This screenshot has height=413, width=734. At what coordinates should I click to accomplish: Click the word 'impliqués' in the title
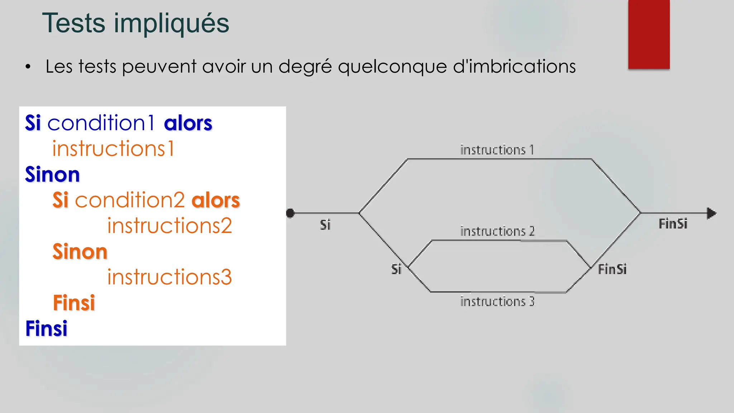[171, 24]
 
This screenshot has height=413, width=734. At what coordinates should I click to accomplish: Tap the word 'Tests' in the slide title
[74, 23]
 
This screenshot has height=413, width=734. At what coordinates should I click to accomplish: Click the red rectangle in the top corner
[649, 34]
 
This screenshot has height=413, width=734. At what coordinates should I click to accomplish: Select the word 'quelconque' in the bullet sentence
[392, 67]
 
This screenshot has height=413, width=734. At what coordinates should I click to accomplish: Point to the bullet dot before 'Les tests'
[28, 67]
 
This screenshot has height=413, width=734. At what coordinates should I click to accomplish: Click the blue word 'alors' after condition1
[188, 123]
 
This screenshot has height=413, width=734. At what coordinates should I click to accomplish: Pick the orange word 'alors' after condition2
[216, 200]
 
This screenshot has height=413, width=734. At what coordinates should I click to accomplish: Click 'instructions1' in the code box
[113, 148]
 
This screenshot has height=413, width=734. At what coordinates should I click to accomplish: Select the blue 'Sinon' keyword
[52, 175]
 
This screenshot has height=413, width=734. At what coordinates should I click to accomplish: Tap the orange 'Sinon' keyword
[80, 251]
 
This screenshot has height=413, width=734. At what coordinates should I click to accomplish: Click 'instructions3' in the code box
[170, 277]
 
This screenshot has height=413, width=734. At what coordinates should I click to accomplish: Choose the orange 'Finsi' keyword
[74, 303]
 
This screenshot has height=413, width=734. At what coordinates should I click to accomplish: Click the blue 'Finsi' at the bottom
[46, 328]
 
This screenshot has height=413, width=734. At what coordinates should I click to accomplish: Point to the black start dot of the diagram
[290, 213]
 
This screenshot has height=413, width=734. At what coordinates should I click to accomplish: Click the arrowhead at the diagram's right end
[711, 213]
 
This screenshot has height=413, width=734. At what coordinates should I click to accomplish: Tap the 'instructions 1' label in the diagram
[497, 150]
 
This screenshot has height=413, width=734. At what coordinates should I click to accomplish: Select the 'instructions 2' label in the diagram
[497, 231]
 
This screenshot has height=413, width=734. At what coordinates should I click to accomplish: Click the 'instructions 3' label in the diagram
[497, 302]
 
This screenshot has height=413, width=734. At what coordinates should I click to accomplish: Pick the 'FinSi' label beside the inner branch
[612, 269]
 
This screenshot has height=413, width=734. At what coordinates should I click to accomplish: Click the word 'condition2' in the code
[130, 200]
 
